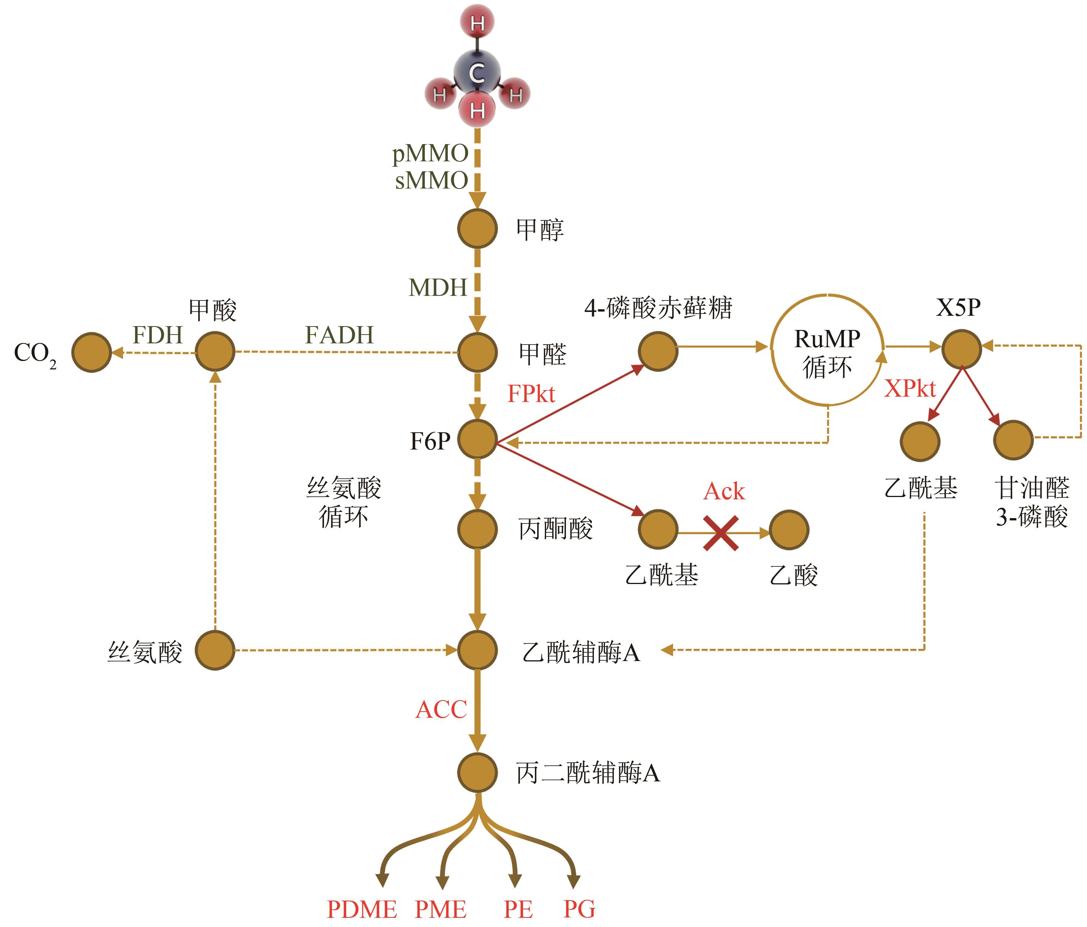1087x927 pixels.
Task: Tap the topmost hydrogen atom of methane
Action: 477,23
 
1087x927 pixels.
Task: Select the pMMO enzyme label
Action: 430,154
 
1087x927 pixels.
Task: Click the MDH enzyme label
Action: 437,288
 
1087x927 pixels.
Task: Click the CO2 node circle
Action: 92,352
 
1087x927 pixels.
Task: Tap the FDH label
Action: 157,335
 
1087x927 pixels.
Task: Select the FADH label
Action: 339,335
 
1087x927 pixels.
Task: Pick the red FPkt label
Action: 531,394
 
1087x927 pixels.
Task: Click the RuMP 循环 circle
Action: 827,351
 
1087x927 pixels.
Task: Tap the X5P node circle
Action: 961,349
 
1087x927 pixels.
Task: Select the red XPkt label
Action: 910,389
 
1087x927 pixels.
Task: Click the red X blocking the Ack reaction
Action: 721,533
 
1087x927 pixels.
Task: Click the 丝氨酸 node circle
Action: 215,650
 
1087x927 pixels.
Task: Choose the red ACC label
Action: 441,710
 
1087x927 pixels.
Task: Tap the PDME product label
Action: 362,910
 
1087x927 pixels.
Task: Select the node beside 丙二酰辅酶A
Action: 477,772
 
